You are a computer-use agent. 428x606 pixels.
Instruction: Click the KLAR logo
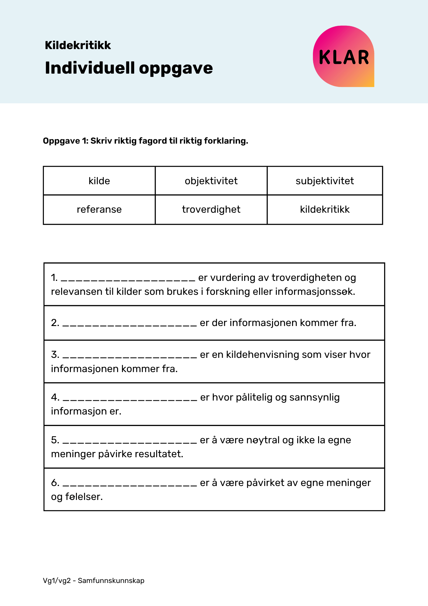coord(344,57)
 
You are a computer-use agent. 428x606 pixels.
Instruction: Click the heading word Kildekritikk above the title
coord(78,45)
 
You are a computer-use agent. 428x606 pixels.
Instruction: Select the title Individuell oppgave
coord(129,68)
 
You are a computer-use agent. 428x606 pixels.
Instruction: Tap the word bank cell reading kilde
coord(99,181)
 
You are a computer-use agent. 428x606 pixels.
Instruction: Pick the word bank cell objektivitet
coord(211,181)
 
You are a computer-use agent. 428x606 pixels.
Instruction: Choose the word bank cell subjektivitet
coord(324,181)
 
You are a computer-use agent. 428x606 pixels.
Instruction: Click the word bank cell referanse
coord(99,209)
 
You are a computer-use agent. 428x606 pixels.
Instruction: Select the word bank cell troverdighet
coord(211,209)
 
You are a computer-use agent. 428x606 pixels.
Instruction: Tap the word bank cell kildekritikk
coord(324,209)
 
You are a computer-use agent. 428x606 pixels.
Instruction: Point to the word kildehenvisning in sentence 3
coord(262,355)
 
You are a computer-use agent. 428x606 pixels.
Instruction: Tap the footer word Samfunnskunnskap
coord(111,581)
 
